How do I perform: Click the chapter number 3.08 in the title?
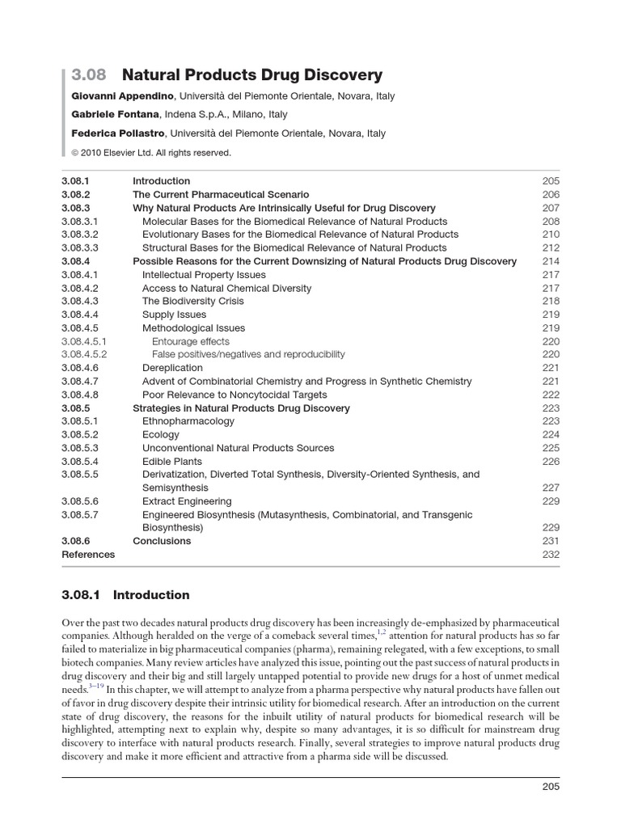point(88,75)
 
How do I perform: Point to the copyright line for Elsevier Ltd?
point(151,152)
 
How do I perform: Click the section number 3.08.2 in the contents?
point(76,195)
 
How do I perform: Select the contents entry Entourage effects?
point(191,341)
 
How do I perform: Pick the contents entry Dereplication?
point(172,368)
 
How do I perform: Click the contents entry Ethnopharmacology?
point(188,421)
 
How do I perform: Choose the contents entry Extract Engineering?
point(187,501)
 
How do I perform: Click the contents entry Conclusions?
point(162,541)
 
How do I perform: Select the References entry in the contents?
point(88,555)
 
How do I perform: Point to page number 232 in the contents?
point(551,555)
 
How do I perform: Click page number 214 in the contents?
point(551,261)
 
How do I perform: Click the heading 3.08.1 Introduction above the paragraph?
point(125,595)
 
